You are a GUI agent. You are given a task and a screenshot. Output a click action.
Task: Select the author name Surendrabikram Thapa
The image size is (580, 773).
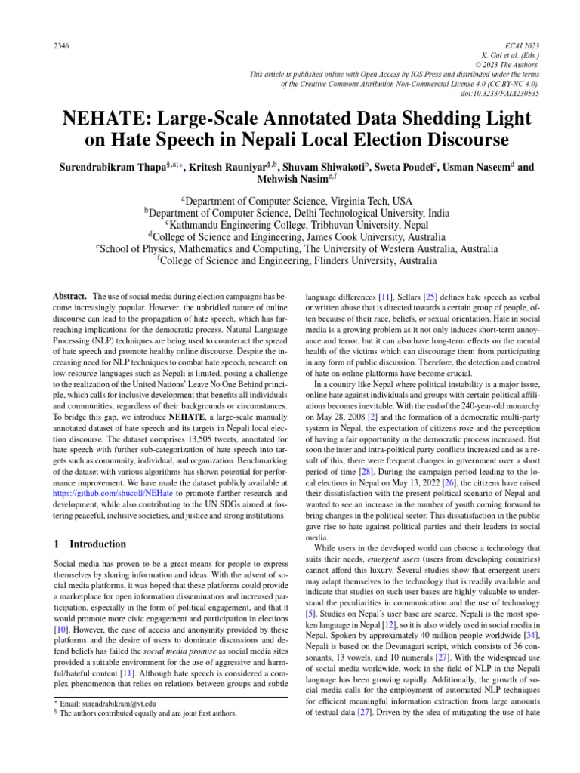(118, 167)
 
